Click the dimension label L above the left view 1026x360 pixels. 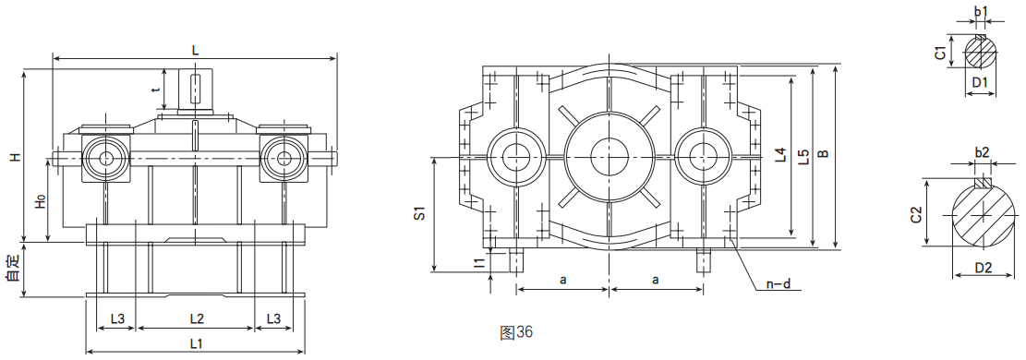pos(195,51)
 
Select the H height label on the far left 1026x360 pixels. pos(14,157)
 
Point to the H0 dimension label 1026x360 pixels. pos(40,202)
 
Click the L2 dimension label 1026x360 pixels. pos(197,318)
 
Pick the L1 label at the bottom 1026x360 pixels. pos(197,343)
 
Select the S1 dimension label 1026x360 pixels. pos(420,213)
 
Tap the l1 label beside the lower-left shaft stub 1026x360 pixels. pos(479,262)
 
